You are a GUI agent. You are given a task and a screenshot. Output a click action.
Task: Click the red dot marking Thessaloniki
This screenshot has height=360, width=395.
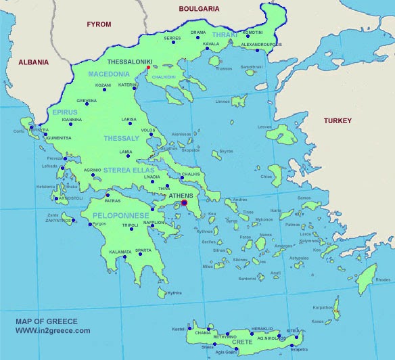[x=148, y=68]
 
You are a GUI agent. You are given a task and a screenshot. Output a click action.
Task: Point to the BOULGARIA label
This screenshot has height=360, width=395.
[x=200, y=9]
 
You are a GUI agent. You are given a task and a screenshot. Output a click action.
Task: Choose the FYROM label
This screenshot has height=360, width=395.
[x=99, y=24]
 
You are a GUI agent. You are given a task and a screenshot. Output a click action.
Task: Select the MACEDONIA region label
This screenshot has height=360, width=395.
[x=108, y=74]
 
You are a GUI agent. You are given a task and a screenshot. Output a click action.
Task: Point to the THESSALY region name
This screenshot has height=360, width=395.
[x=121, y=138]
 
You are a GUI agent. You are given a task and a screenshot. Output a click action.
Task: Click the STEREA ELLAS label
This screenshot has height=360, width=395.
[x=129, y=170]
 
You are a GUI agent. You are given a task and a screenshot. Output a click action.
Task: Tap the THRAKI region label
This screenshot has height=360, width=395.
[x=225, y=35]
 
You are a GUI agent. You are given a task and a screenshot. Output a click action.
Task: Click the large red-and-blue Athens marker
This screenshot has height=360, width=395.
[x=184, y=202]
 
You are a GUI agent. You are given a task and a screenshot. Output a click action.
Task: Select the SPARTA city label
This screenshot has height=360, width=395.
[x=143, y=250]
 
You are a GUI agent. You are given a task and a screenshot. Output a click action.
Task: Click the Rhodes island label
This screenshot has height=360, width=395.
[x=383, y=279]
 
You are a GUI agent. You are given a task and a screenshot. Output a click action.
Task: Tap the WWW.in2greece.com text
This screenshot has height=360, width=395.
[x=53, y=330]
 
